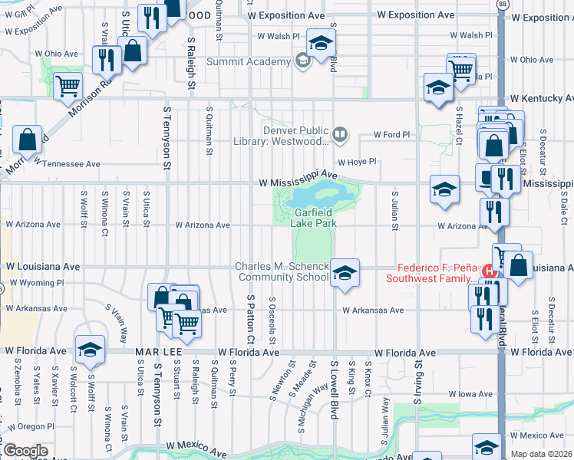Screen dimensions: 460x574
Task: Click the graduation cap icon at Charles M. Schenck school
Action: pos(345,274)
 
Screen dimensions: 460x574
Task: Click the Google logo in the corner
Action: pos(25,450)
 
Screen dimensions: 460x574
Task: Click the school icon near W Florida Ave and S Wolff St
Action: pos(90,349)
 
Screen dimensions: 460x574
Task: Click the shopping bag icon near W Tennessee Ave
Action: pos(28,140)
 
